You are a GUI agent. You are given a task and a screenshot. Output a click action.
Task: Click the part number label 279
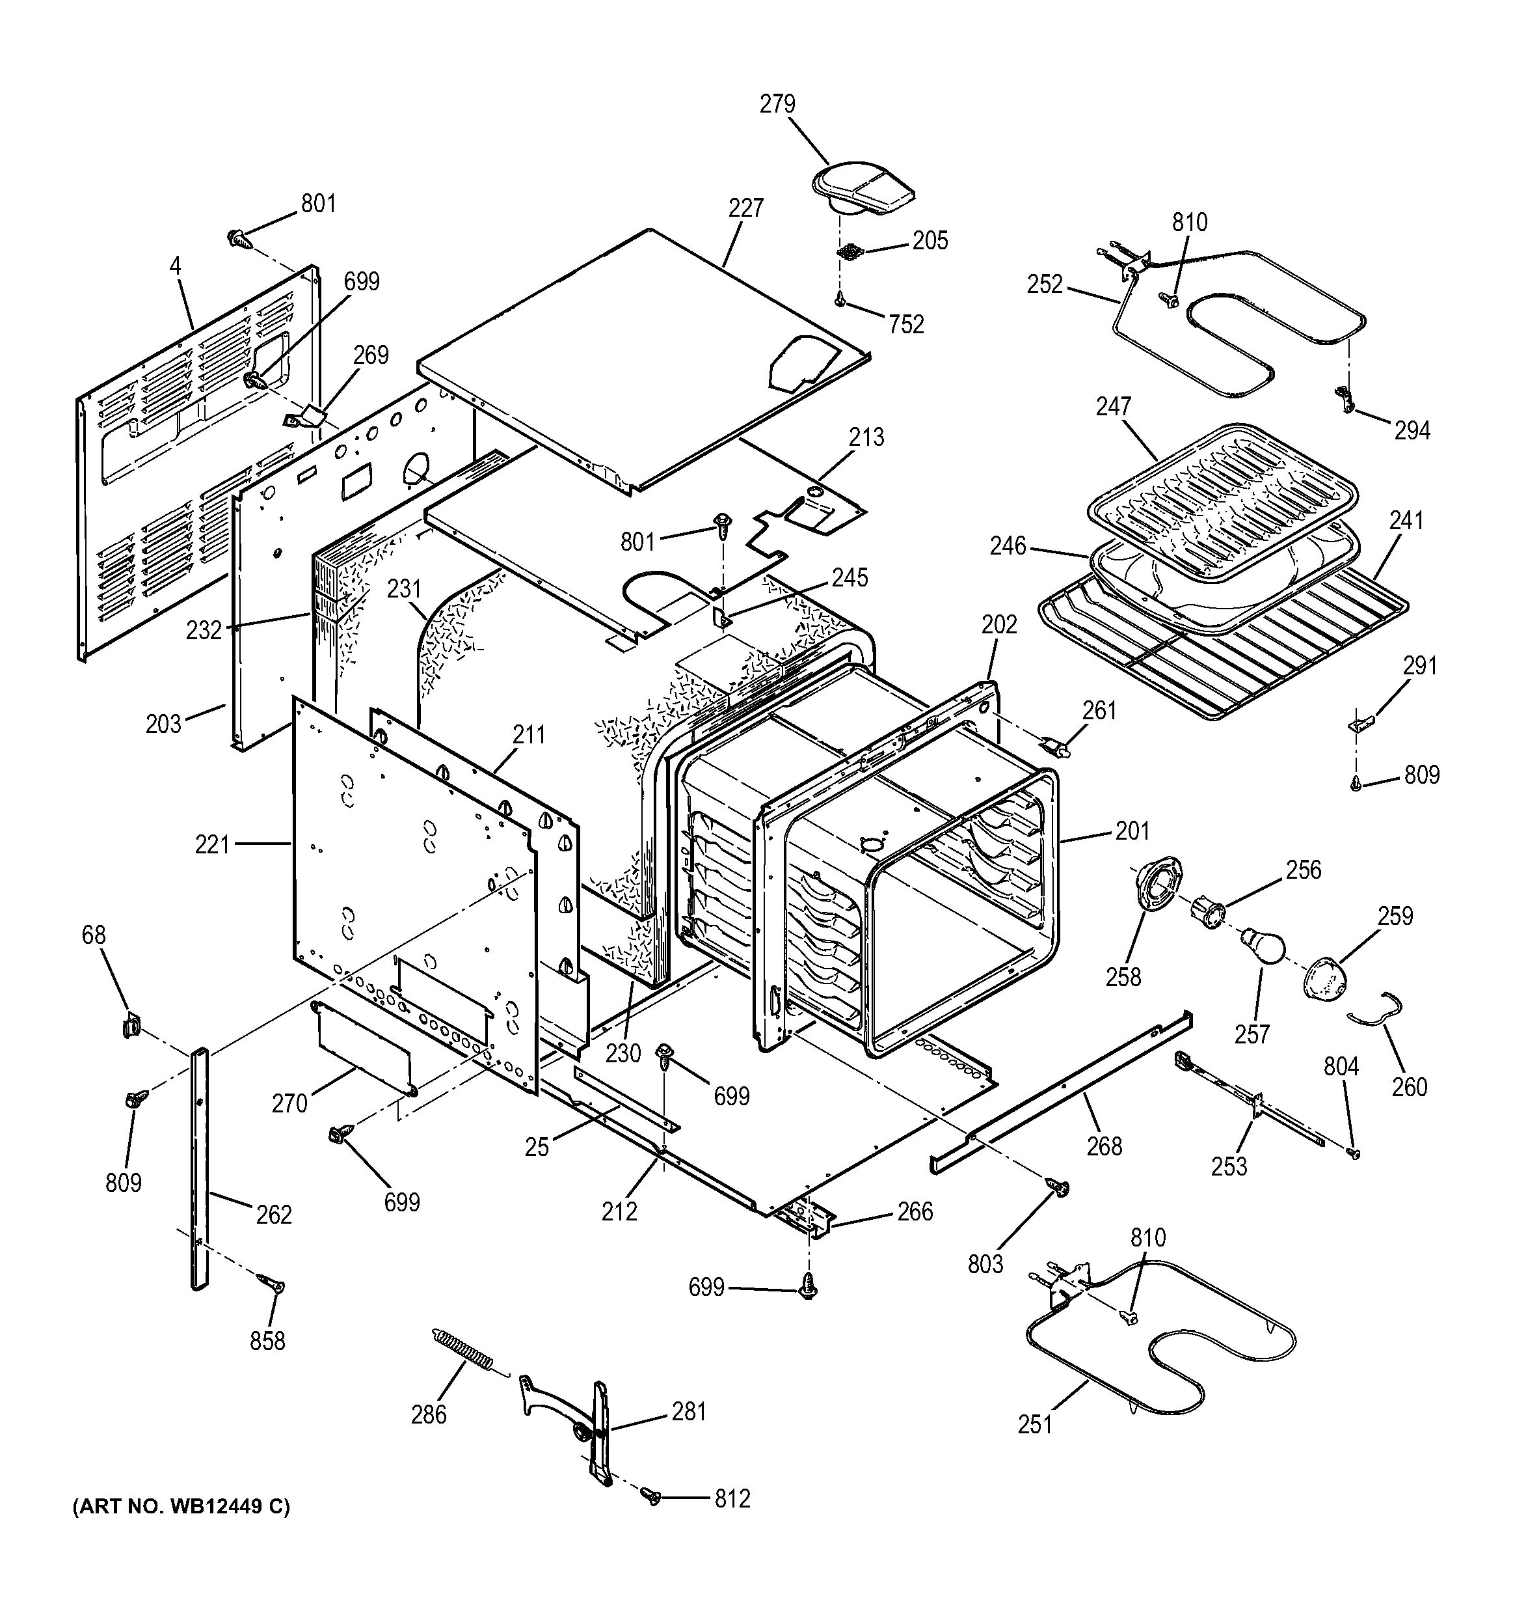tap(777, 105)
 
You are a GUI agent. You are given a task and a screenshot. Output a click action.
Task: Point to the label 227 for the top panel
tap(745, 208)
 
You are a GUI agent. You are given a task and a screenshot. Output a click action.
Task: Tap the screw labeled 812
tap(650, 1496)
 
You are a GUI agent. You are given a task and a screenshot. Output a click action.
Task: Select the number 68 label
tap(94, 935)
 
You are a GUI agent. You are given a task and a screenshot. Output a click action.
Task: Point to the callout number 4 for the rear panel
tap(176, 265)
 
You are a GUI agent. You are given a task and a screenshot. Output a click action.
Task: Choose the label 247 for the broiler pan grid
tap(1113, 406)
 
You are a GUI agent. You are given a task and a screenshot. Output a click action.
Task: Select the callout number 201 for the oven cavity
tap(1132, 831)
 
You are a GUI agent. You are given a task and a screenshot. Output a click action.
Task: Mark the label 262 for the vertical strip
tap(273, 1215)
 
